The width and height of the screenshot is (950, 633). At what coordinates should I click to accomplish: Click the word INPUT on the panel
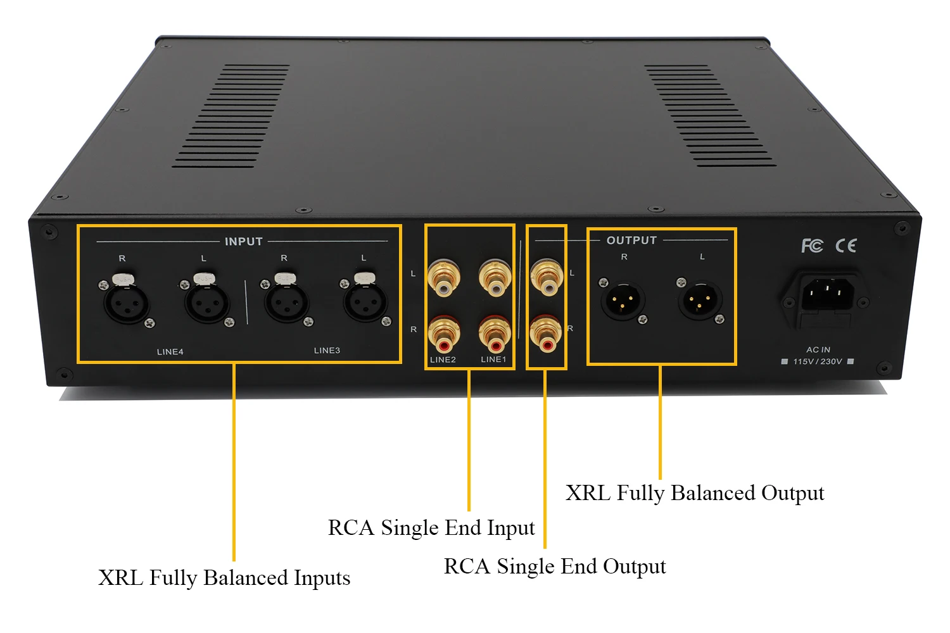(x=243, y=241)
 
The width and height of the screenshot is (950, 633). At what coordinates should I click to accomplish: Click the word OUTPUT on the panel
(x=631, y=240)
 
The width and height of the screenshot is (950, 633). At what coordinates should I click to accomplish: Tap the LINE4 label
(x=170, y=352)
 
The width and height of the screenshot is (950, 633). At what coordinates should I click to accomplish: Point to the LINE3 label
(x=327, y=350)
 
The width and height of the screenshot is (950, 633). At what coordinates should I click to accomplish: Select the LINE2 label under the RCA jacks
(x=443, y=360)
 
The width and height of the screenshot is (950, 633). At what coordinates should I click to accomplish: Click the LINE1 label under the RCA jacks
(x=493, y=359)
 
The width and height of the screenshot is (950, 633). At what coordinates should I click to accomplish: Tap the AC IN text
(x=818, y=349)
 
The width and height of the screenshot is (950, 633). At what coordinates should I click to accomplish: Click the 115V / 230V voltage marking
(x=818, y=361)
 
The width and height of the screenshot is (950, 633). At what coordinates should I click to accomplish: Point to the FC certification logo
(x=812, y=246)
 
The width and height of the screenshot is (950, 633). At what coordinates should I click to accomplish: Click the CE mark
(x=846, y=246)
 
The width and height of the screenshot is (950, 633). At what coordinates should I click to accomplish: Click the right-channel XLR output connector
(x=623, y=301)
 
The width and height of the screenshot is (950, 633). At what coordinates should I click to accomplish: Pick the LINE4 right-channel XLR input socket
(x=126, y=302)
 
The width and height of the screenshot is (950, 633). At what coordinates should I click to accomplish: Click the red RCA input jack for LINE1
(x=495, y=335)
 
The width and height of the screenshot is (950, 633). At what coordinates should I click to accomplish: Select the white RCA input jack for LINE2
(x=443, y=279)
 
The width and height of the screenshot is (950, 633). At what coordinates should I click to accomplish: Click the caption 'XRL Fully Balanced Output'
(x=694, y=493)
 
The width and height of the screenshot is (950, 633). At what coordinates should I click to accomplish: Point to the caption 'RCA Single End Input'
(x=431, y=528)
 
